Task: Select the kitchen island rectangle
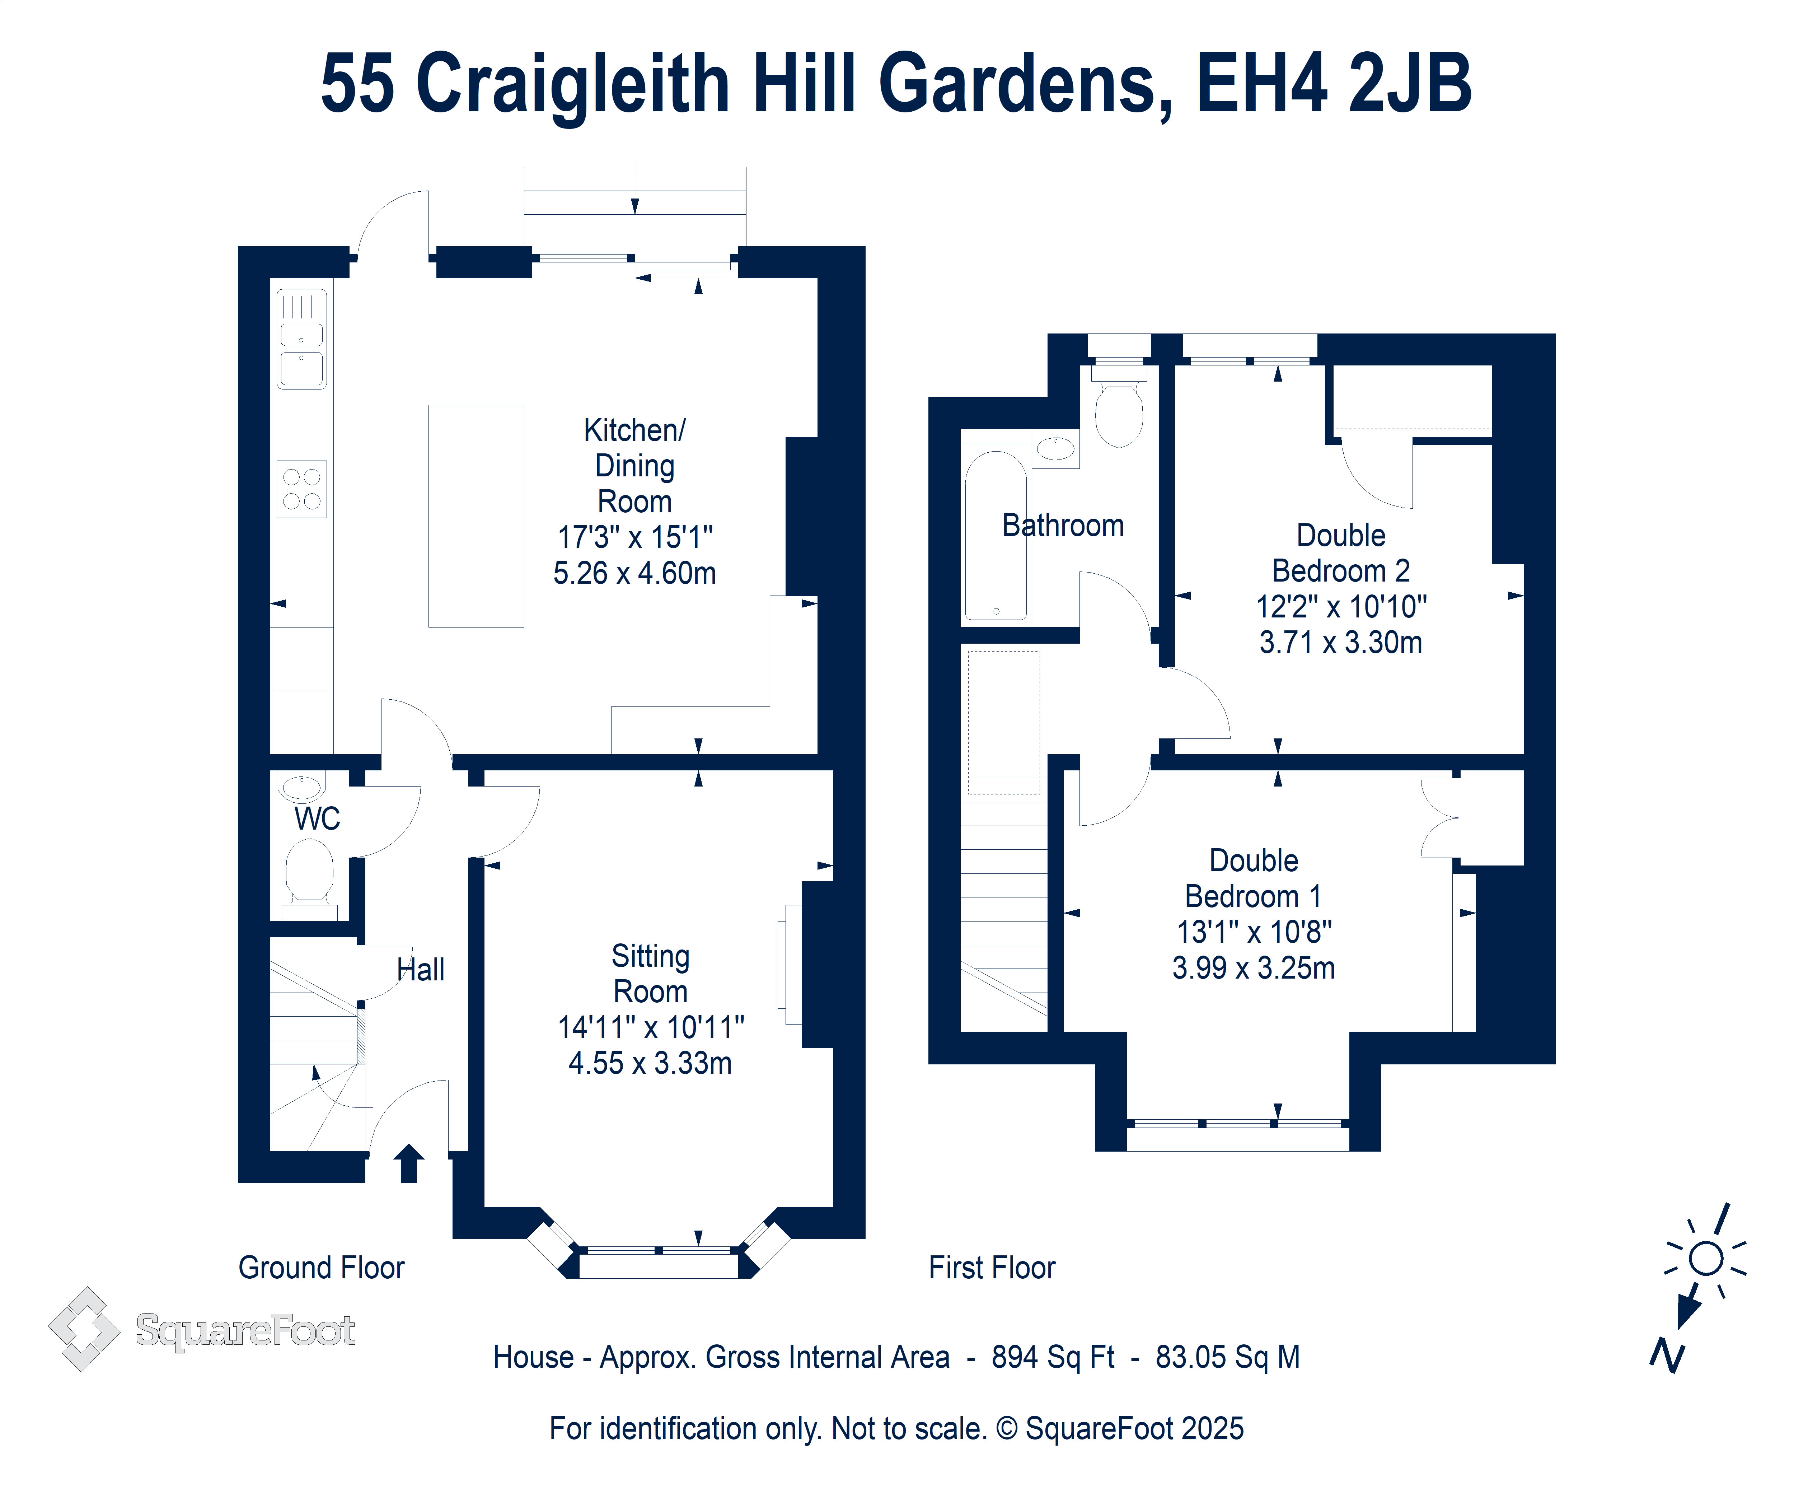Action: (x=476, y=516)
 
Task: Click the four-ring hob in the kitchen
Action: (x=301, y=489)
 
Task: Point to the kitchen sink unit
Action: (x=301, y=339)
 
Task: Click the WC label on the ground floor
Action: (x=317, y=819)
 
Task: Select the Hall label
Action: (x=420, y=970)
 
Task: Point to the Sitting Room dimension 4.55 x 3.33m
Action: (x=650, y=1063)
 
